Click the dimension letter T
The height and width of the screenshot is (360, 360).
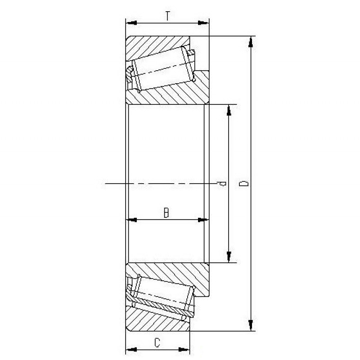167,16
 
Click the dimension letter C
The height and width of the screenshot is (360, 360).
157,343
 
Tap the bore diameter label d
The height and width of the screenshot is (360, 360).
220,184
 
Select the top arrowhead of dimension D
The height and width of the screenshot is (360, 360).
250,41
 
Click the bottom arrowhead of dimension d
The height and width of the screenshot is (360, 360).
229,257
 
